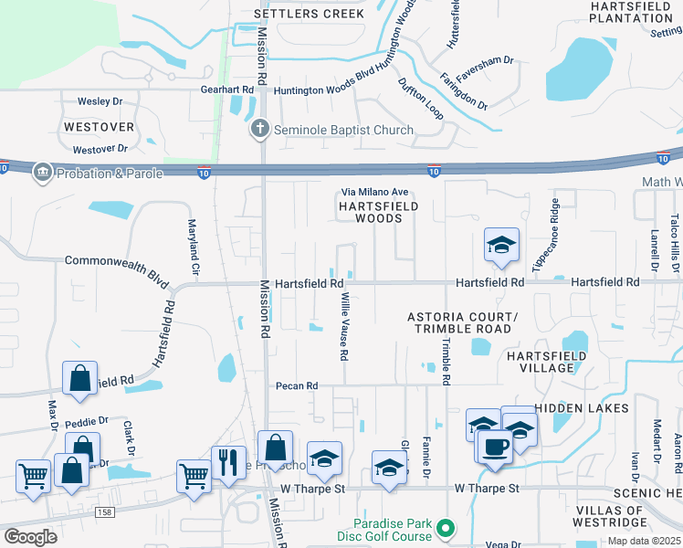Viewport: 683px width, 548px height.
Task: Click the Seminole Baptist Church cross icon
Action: click(260, 130)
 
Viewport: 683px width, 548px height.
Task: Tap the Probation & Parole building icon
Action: click(42, 173)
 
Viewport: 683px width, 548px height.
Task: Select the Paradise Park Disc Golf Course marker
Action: click(446, 529)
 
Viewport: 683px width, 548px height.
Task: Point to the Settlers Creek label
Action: click(309, 14)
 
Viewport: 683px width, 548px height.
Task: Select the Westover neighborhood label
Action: click(99, 126)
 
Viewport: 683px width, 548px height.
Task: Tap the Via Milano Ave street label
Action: click(374, 192)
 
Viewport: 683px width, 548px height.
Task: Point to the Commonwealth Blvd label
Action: click(118, 260)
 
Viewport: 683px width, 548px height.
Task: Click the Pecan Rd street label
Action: click(297, 386)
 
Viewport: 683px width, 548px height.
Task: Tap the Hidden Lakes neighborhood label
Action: click(581, 407)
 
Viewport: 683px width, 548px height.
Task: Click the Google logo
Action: click(30, 536)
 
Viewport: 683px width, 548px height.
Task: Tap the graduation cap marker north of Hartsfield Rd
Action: click(501, 245)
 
